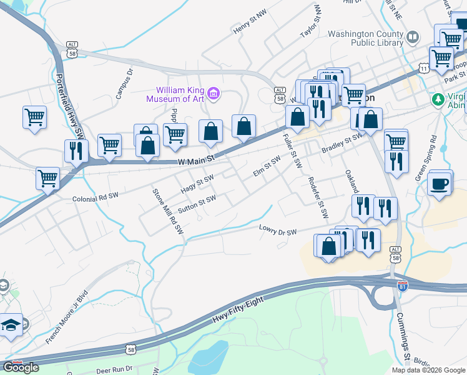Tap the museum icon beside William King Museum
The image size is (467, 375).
tap(214, 94)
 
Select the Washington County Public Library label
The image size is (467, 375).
tap(366, 38)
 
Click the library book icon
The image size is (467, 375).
tap(412, 38)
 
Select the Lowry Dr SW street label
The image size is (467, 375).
tap(278, 231)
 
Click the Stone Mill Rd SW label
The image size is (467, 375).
tap(168, 211)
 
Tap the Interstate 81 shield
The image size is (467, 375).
tap(403, 286)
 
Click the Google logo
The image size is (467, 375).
tap(21, 367)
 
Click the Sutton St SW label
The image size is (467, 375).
tap(197, 204)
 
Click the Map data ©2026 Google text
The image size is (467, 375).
tap(428, 370)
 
